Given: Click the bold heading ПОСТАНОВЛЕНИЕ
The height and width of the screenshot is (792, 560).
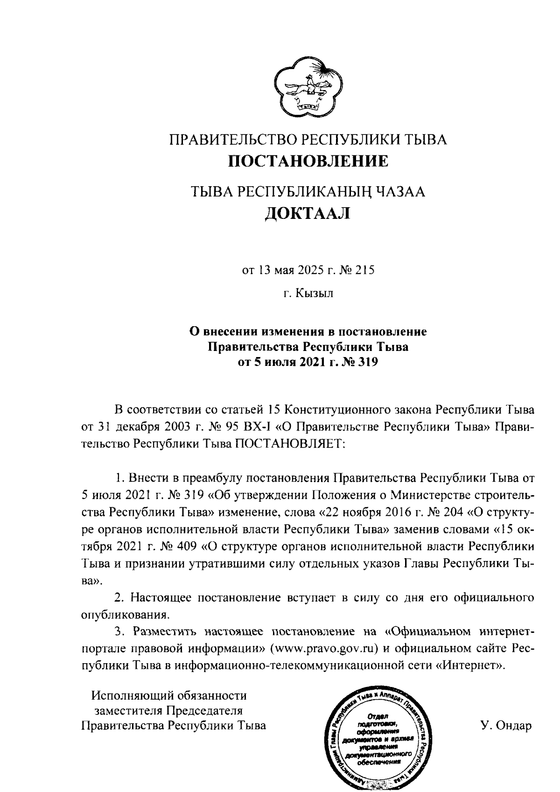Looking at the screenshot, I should tap(308, 161).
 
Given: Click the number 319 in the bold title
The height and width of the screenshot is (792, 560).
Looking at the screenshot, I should tap(367, 362).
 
